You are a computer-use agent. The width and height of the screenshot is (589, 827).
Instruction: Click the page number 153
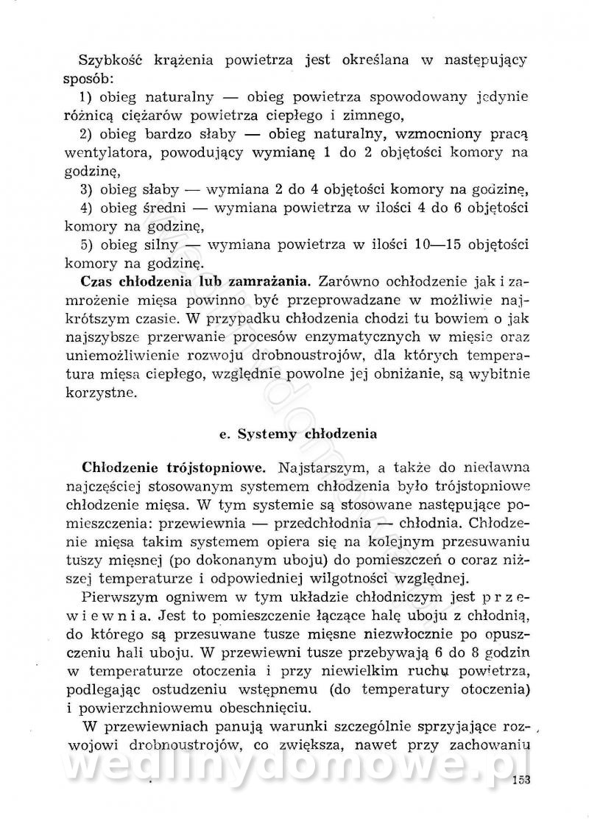point(520,781)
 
